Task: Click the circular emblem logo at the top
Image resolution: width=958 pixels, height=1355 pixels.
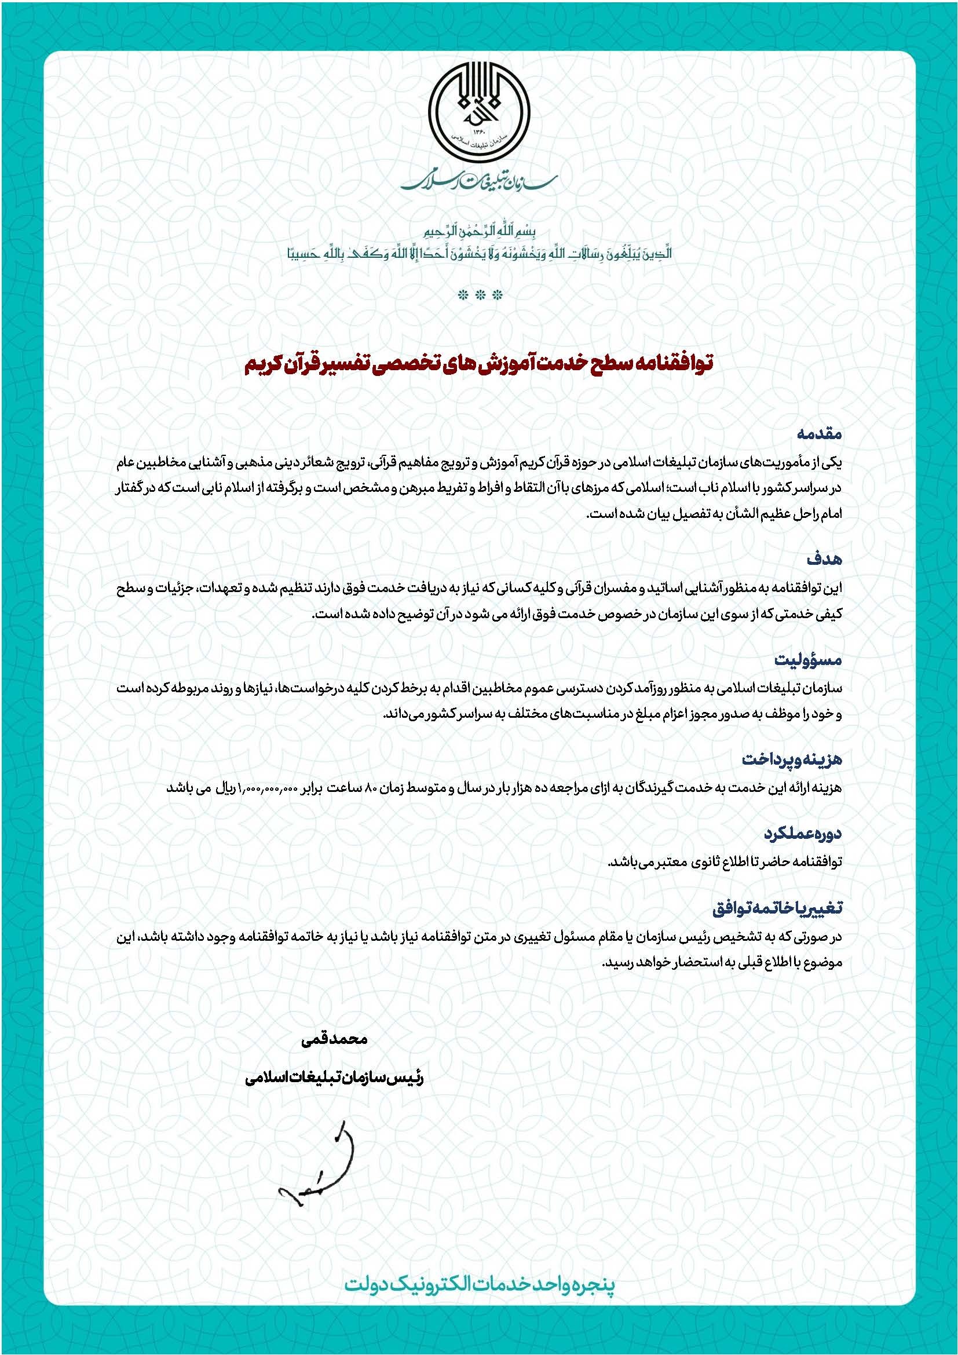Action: [479, 113]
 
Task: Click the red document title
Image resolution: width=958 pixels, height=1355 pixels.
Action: [479, 362]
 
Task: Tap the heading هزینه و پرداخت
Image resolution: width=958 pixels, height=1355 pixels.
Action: [792, 759]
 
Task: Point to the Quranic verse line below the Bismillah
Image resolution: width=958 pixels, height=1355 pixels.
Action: [479, 254]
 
